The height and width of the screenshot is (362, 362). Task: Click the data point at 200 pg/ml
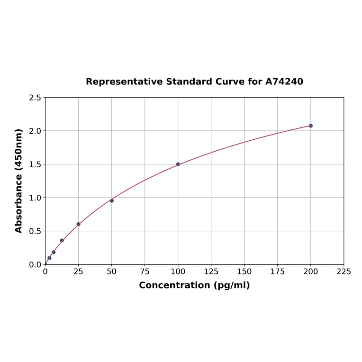click(310, 126)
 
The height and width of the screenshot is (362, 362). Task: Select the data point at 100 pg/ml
click(178, 164)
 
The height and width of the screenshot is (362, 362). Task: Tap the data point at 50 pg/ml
click(111, 200)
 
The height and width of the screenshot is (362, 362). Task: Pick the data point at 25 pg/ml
click(78, 224)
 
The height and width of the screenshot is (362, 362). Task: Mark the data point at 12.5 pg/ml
click(62, 240)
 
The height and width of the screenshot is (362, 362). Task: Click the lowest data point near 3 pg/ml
click(49, 258)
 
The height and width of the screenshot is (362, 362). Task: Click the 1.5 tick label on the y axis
click(35, 164)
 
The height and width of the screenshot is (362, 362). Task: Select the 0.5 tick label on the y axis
click(35, 231)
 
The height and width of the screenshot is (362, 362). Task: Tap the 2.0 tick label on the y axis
click(35, 131)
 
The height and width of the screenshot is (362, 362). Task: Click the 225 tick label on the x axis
click(344, 271)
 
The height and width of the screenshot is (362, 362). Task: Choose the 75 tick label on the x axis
click(145, 271)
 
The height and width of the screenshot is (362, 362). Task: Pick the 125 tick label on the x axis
click(211, 271)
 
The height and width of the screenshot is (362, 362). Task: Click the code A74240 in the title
click(284, 81)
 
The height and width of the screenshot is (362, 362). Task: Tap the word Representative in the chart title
click(125, 81)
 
